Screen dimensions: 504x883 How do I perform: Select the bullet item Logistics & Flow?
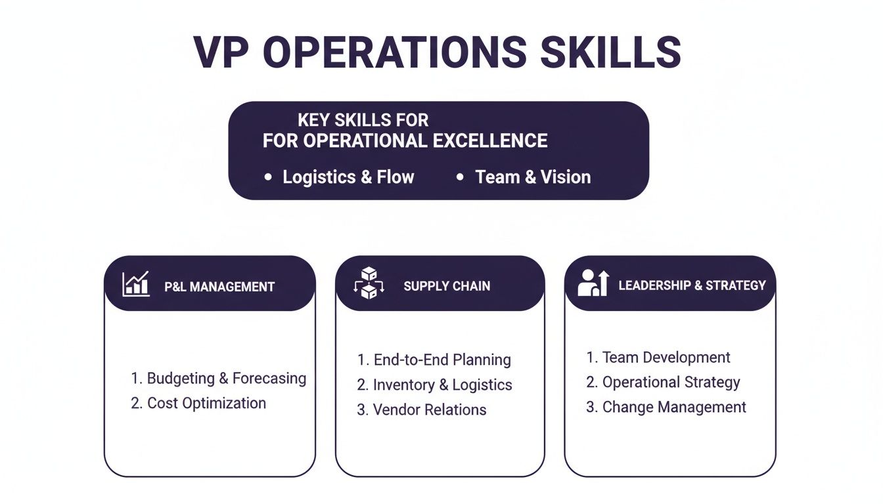coord(348,177)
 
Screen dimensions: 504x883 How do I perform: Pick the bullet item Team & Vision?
coord(533,177)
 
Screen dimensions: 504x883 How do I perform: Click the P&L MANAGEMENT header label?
coord(219,287)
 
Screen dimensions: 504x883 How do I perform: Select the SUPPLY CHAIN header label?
coord(447,286)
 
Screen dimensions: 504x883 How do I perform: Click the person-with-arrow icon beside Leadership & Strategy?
coord(594,283)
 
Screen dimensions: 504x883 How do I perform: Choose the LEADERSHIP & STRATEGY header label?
coord(692,285)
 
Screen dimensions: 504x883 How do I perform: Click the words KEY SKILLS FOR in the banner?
coord(363,120)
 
